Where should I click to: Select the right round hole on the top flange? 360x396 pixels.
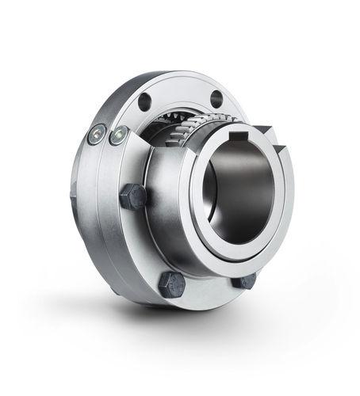click(x=216, y=98)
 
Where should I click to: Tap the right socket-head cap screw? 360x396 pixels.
click(x=120, y=135)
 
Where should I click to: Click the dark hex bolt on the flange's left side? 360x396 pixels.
click(x=134, y=196)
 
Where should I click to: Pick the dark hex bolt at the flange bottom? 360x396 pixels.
click(x=172, y=284)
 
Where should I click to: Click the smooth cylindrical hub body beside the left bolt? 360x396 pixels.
click(x=163, y=206)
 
